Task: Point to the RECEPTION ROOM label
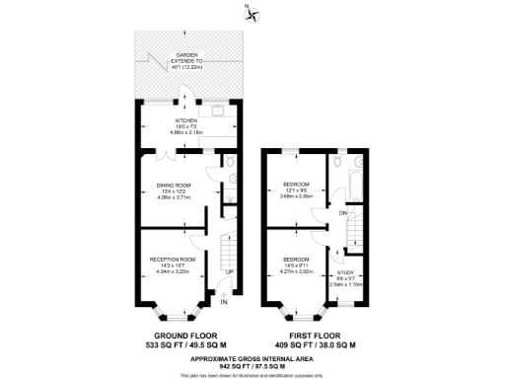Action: (x=174, y=259)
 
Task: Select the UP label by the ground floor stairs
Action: (x=230, y=271)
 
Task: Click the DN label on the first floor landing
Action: (x=342, y=213)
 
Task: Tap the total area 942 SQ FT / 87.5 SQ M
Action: (x=252, y=364)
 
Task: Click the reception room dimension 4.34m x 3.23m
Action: (x=174, y=270)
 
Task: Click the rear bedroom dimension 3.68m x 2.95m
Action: (x=297, y=194)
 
